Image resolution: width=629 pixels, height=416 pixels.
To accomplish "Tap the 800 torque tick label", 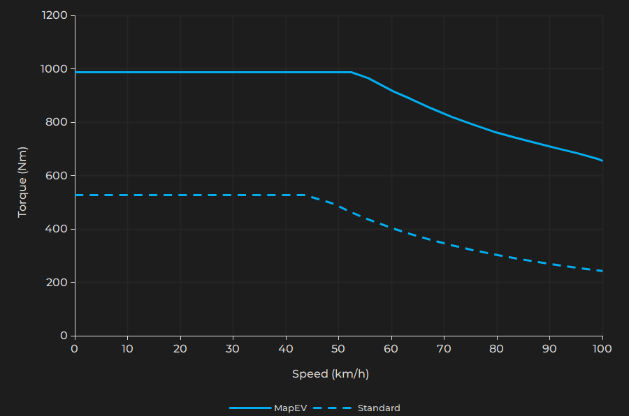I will click(57, 122).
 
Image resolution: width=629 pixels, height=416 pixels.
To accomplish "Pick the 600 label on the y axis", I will click(57, 176).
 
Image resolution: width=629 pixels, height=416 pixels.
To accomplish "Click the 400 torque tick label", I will click(57, 229).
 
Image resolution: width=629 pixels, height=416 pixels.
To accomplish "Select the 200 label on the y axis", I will click(57, 283).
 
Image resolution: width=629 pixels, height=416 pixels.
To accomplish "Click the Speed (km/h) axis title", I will click(331, 374).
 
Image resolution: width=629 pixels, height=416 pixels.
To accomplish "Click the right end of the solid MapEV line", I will click(602, 161).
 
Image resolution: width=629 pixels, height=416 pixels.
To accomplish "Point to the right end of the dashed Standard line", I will click(602, 271).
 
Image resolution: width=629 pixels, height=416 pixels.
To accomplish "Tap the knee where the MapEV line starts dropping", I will click(352, 72).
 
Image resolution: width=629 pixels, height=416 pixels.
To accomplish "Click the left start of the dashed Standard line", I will click(75, 195).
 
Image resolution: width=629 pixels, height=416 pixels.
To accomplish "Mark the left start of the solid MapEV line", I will click(75, 72).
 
